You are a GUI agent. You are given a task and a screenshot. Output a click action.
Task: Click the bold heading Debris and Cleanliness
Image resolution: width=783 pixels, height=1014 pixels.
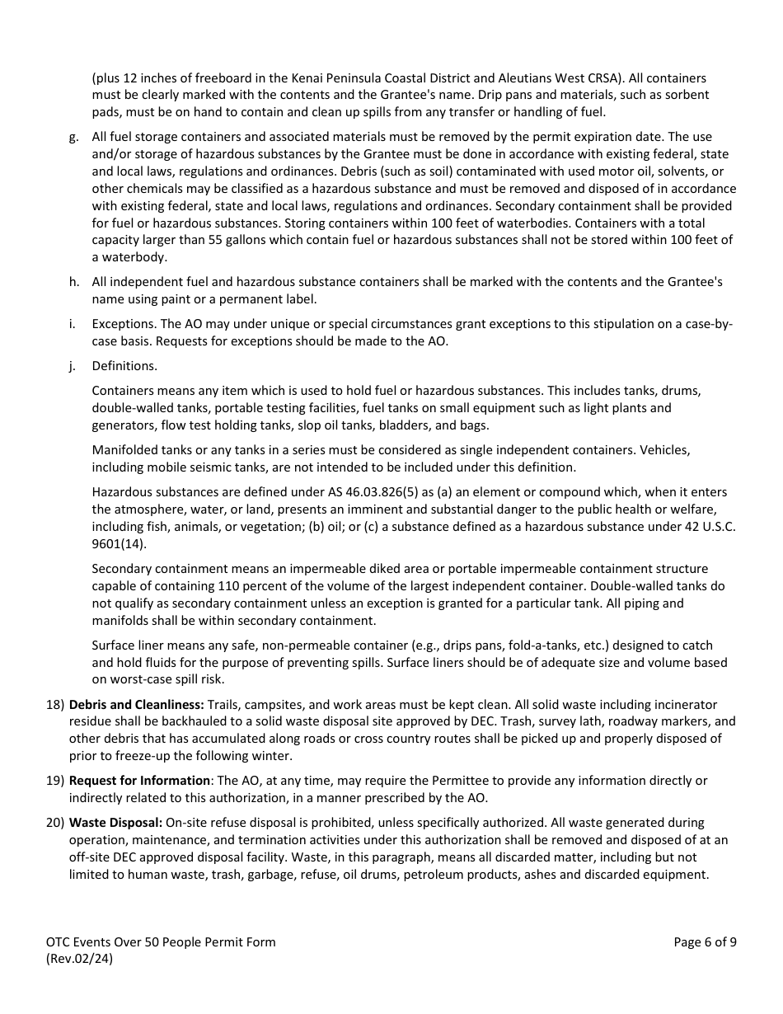click(x=136, y=705)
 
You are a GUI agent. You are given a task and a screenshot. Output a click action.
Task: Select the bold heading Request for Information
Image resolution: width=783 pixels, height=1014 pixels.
click(x=139, y=780)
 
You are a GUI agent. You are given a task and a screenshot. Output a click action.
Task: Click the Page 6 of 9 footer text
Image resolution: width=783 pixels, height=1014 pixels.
click(x=705, y=942)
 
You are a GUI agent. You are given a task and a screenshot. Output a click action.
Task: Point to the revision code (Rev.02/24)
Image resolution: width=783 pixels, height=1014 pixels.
click(x=80, y=959)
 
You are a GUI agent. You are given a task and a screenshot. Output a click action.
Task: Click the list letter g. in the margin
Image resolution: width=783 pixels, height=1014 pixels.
click(x=74, y=137)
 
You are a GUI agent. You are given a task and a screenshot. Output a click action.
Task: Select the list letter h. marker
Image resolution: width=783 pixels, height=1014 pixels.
click(x=74, y=282)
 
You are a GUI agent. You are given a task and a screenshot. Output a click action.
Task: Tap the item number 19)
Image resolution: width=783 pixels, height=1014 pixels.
click(x=55, y=780)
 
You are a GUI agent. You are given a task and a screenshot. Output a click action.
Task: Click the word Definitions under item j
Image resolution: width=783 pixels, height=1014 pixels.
click(x=124, y=366)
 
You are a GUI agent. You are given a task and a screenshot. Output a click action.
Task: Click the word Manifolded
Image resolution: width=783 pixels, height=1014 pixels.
click(x=125, y=450)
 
